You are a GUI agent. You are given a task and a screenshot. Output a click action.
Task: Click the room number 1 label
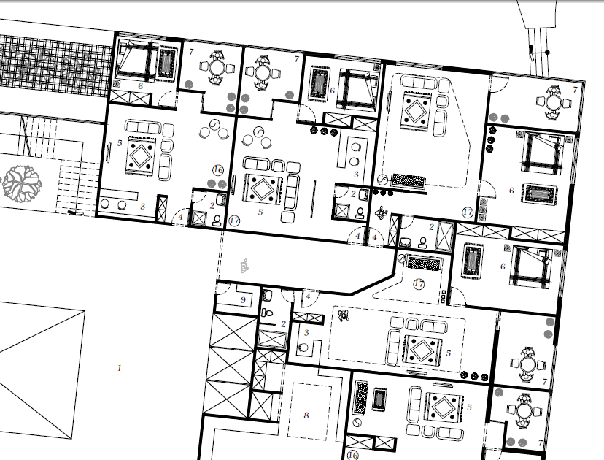(120, 368)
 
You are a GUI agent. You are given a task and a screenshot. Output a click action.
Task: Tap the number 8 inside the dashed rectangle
(306, 415)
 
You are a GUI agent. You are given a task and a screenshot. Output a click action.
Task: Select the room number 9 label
(243, 300)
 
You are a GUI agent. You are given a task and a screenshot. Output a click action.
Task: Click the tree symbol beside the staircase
(23, 183)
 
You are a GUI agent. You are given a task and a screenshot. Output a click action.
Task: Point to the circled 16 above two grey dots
(218, 169)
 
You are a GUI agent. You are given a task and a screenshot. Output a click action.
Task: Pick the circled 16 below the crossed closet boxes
(352, 455)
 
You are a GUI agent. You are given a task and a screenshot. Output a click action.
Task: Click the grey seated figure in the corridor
(244, 266)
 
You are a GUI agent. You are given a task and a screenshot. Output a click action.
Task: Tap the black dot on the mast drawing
(547, 53)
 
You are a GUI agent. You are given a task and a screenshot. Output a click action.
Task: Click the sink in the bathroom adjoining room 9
(267, 296)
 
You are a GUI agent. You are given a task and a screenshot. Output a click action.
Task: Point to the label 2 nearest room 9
(284, 324)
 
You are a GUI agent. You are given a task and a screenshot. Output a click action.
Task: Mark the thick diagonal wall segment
(373, 285)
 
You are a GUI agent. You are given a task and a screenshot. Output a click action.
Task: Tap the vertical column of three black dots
(491, 139)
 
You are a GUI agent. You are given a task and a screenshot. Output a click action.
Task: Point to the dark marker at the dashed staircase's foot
(75, 212)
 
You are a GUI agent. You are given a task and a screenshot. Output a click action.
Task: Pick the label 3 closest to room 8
(306, 333)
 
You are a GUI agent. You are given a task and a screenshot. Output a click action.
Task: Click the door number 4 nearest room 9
(308, 296)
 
